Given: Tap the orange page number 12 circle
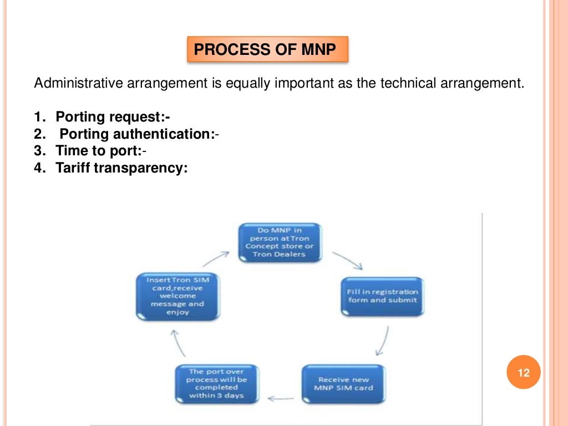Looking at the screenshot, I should point(523,372).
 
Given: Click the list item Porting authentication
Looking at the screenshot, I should point(136,134).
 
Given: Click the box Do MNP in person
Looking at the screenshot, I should point(280,242).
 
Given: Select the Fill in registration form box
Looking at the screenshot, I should point(382,296).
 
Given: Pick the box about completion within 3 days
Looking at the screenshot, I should point(216,383).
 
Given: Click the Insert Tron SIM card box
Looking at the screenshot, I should point(177,296).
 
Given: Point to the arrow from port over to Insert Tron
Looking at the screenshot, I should point(177,342).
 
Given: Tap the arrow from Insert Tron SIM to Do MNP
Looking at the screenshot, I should point(216,258).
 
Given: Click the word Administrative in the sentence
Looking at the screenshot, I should point(79,84).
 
